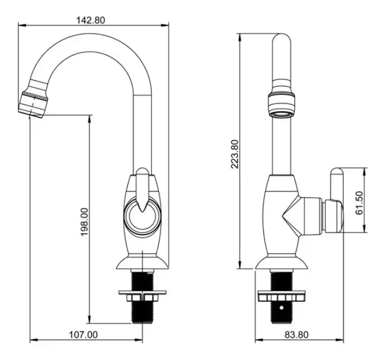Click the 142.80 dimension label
[x=91, y=20]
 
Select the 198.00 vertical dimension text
[x=85, y=222]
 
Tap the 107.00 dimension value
[x=84, y=334]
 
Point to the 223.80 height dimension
[x=235, y=154]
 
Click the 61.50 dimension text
[x=359, y=203]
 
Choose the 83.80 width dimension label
[x=296, y=334]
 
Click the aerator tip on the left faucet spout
[x=33, y=105]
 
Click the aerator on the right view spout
[x=282, y=105]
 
